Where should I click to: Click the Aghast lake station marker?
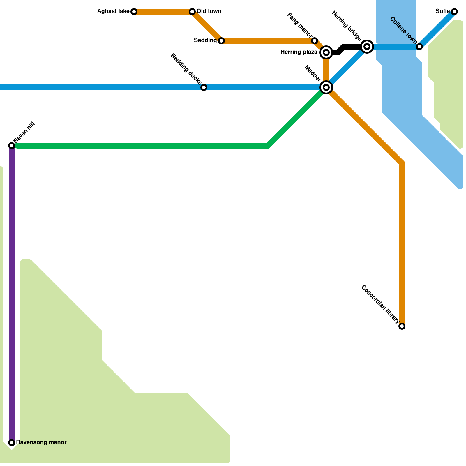134,12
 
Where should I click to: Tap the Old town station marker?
192,12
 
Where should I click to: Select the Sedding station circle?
221,41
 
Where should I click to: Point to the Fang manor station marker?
315,41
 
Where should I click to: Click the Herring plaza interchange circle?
326,52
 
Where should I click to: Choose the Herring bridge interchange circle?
367,47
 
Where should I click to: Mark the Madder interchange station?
326,87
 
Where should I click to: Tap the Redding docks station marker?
204,87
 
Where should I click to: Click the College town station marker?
419,47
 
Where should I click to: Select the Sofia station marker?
454,12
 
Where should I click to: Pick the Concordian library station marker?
402,326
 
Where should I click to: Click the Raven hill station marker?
12,145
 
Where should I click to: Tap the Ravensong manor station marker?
12,443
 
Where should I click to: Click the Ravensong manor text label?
41,442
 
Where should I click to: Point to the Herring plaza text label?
299,52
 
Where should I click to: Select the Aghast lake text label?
113,11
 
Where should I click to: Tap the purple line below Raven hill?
12,291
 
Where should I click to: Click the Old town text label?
209,11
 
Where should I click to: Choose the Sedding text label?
205,40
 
